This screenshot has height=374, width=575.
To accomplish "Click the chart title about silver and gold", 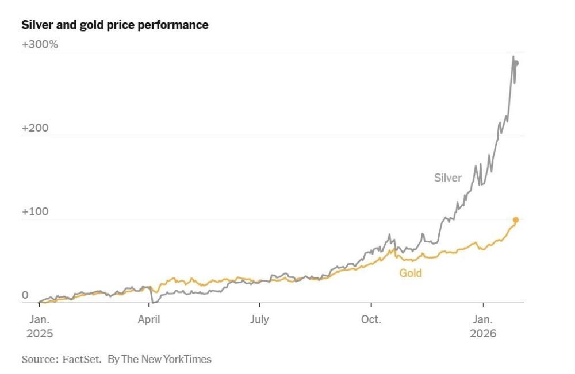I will point(114,25).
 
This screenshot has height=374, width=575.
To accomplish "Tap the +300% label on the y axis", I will point(40,44).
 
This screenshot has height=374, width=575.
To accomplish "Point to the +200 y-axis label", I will point(35,128).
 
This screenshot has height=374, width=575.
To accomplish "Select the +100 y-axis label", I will point(35,211).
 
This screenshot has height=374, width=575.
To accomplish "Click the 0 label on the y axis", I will point(25,295).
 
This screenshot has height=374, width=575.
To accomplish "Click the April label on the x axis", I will point(149,320).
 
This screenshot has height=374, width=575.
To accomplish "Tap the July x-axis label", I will point(259,320).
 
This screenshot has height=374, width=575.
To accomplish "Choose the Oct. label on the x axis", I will point(371,320).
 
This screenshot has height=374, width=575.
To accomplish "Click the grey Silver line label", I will point(447,178).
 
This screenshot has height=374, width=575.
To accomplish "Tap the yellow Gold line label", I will point(411,273).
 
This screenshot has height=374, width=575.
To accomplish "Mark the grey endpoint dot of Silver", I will point(516,63).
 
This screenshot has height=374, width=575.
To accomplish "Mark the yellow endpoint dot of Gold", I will point(516,219).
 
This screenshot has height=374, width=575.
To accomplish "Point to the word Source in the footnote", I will point(38,360).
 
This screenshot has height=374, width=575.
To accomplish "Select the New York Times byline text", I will point(159,360).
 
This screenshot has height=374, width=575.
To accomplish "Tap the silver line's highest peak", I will point(513,56).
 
